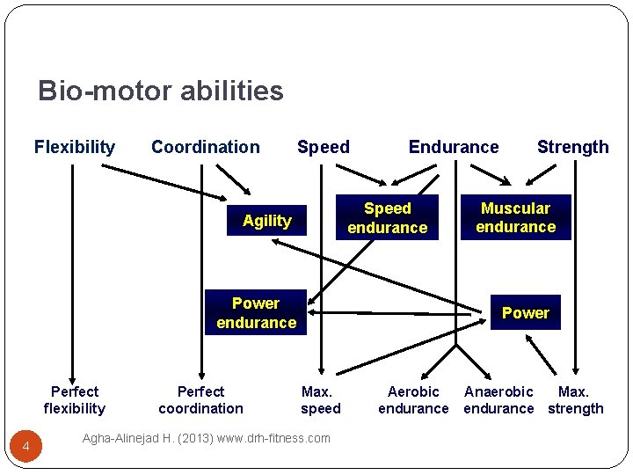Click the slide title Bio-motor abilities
point(160,91)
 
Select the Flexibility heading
point(75,147)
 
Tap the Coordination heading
point(206,147)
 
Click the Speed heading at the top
point(323,147)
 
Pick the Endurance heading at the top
point(454,147)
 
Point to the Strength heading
point(572,147)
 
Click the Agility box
point(266,221)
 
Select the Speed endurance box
point(387,218)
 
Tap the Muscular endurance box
point(515,217)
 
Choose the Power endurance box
point(256,312)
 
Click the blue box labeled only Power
point(525,312)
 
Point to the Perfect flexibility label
point(75,399)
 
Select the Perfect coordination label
point(200,399)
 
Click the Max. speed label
point(320,399)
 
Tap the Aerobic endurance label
point(413,399)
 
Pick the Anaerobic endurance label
point(498,399)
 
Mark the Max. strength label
point(575,399)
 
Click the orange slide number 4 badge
point(26,449)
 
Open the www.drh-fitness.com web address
point(274,438)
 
